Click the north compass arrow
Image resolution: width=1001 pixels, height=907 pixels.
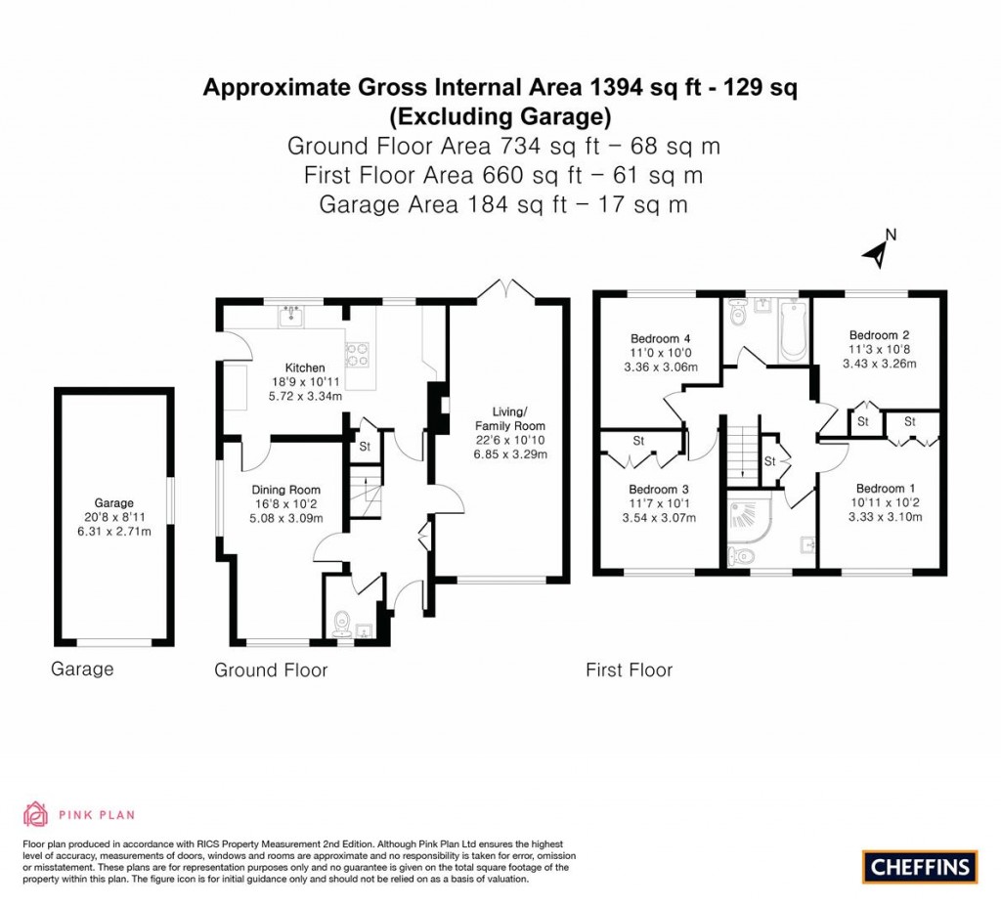click(877, 252)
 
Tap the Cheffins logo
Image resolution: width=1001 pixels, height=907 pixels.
click(920, 866)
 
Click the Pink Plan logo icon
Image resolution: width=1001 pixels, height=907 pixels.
click(35, 814)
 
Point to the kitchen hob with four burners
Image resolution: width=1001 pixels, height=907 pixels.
click(358, 353)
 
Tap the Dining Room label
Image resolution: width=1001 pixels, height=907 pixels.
click(285, 490)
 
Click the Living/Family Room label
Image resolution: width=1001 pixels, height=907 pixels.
click(509, 418)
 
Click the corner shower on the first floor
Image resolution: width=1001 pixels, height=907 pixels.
click(747, 516)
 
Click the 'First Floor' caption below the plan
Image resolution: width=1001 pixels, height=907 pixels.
click(629, 669)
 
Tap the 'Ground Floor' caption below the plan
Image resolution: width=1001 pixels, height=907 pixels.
click(271, 669)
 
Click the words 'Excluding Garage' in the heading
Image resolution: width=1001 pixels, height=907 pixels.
click(500, 117)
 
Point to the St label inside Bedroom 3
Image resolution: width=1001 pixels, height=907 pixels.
click(637, 441)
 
